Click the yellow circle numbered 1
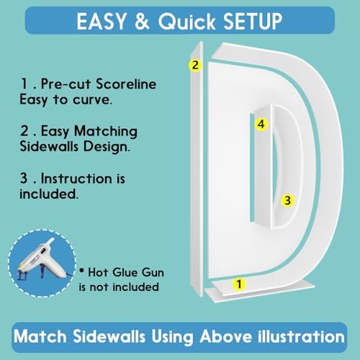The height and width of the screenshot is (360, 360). point(239,284)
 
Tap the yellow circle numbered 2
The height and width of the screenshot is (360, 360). point(195,65)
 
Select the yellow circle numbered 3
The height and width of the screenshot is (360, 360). point(287,200)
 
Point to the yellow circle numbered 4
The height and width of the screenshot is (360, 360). point(261,124)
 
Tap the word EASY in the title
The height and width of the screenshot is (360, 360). point(102,22)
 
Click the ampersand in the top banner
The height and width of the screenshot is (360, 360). point(142,22)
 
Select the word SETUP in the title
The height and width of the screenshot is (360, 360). point(253,22)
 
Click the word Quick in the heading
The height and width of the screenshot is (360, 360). point(186,22)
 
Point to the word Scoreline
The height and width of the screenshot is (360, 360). point(126,84)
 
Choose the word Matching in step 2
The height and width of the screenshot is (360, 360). point(106,132)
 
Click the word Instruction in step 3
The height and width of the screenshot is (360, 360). point(76,179)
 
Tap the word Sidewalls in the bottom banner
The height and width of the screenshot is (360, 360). point(109,336)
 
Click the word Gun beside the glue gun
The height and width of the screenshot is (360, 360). point(153,273)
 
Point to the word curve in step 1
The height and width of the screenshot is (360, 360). point(92,100)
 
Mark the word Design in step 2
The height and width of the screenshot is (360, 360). point(107,147)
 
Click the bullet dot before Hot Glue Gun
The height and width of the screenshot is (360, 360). point(82,271)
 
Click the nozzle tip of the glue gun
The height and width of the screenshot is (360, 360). point(52,240)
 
